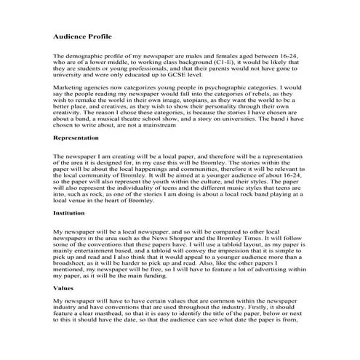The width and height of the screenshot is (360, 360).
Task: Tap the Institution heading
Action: coord(73,213)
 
